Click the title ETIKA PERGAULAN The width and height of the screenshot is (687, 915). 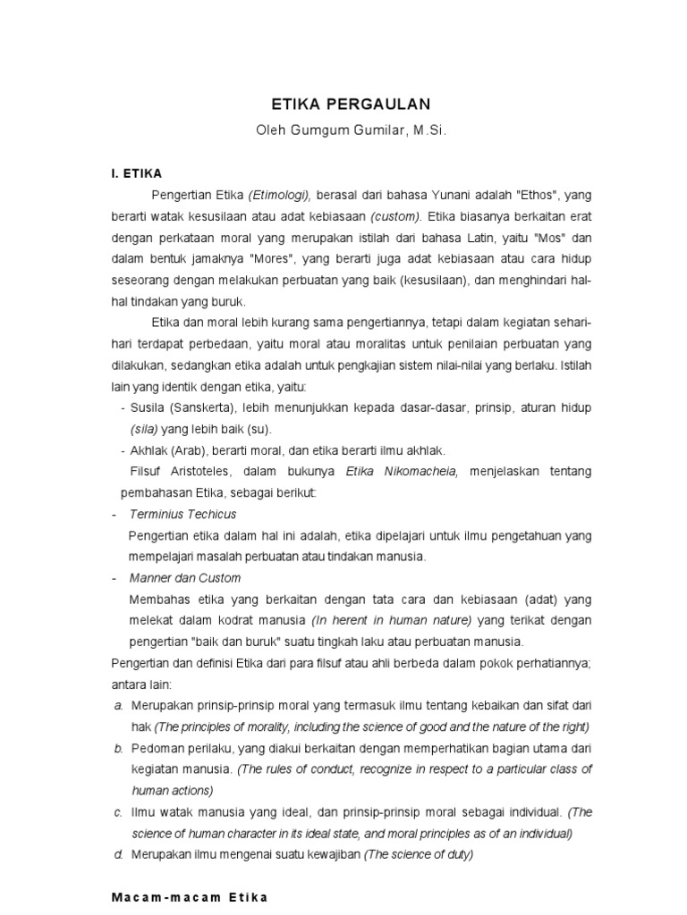[x=343, y=103]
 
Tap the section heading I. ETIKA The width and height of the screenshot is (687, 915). [x=137, y=173]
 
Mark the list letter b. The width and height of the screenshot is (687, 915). [x=118, y=747]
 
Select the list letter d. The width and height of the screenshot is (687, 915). [x=118, y=853]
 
